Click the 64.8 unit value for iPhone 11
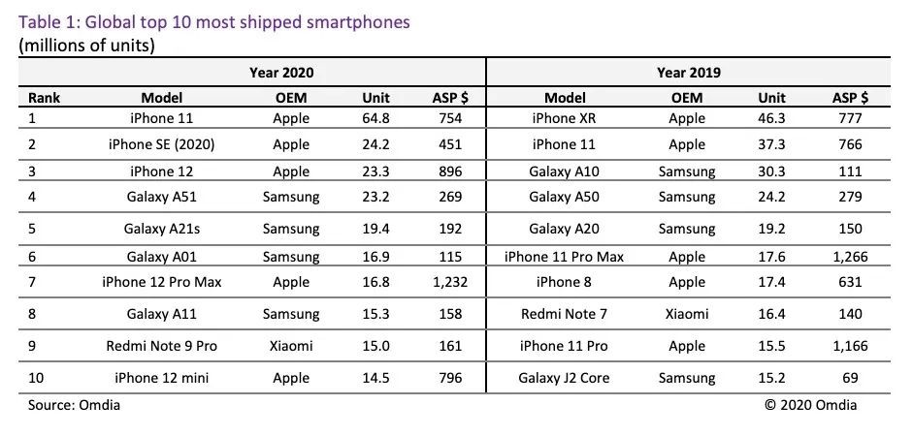coord(375,118)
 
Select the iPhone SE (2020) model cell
coord(161,144)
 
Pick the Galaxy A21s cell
coord(161,231)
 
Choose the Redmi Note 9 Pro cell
coord(161,346)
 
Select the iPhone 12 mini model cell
coord(161,378)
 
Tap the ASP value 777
coord(850,118)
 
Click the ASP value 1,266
coord(850,257)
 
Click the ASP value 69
coord(850,378)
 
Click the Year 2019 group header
coord(687,73)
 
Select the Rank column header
coord(45,97)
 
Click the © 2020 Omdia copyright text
coord(811,405)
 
